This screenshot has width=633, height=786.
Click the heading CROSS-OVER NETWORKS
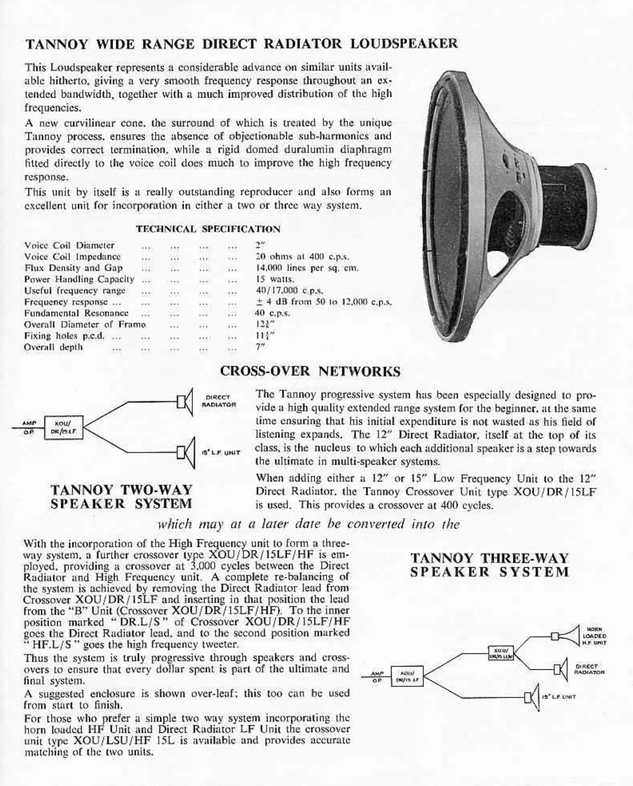coord(310,371)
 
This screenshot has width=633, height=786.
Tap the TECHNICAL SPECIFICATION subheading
coord(208,229)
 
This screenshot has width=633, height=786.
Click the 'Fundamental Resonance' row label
coord(76,313)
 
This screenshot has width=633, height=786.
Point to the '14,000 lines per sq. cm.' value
coord(306,268)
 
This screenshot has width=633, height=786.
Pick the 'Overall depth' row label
coord(53,347)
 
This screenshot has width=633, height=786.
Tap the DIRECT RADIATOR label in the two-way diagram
coord(219,401)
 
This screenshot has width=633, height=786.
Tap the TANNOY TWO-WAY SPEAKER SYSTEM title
coord(121,497)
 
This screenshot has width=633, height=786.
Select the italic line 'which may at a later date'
coord(308,524)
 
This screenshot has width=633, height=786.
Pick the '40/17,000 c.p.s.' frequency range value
coord(289,291)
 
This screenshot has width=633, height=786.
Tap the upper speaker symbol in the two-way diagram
coord(185,402)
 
